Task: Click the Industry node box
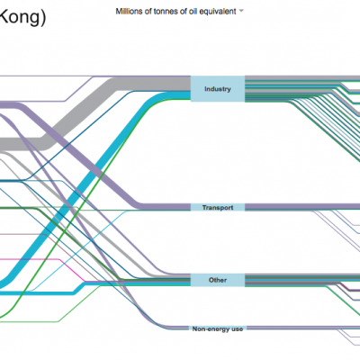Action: (x=218, y=89)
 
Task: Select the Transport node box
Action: (x=218, y=207)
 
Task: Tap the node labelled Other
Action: (x=218, y=280)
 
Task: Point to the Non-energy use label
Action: (x=218, y=329)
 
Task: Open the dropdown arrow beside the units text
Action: (x=241, y=11)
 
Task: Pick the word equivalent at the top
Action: (x=220, y=12)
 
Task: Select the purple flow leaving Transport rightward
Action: (x=302, y=206)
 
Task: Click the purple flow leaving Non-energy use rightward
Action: (x=303, y=328)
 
